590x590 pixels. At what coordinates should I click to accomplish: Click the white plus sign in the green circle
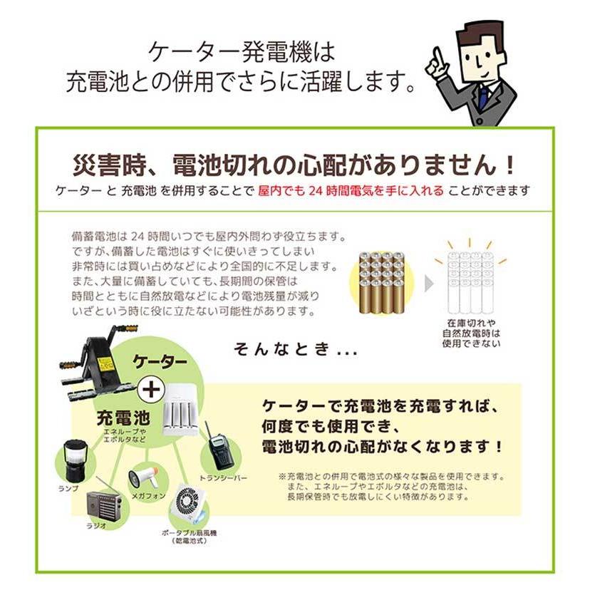point(148,389)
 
